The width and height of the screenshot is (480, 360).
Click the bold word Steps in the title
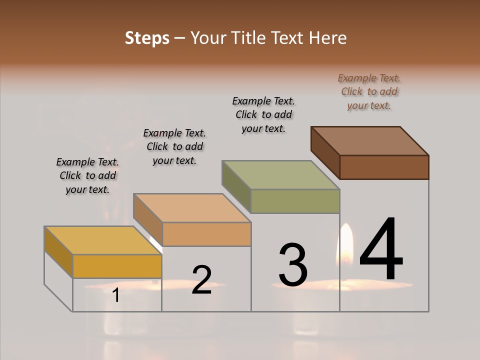tap(147, 38)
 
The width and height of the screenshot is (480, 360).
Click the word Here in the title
tap(326, 38)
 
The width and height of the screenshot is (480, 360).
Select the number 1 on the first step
tap(116, 295)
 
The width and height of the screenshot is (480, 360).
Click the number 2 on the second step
tap(201, 279)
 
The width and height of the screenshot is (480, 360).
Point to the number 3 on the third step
tap(292, 264)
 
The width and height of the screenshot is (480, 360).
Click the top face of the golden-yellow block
tap(102, 240)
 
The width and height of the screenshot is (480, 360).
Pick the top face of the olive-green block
tap(280, 175)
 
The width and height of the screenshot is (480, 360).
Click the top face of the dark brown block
tap(369, 141)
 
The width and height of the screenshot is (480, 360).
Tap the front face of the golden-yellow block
tap(117, 266)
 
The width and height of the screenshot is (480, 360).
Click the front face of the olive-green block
tap(295, 201)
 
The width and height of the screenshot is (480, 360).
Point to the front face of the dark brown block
tap(384, 167)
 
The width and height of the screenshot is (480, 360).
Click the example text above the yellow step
tap(87, 175)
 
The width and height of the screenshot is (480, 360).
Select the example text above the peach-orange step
tap(174, 146)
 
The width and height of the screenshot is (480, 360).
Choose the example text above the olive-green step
tap(263, 114)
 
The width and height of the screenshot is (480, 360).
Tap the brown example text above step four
tap(369, 91)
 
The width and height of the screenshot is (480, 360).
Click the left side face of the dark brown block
tap(325, 152)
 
